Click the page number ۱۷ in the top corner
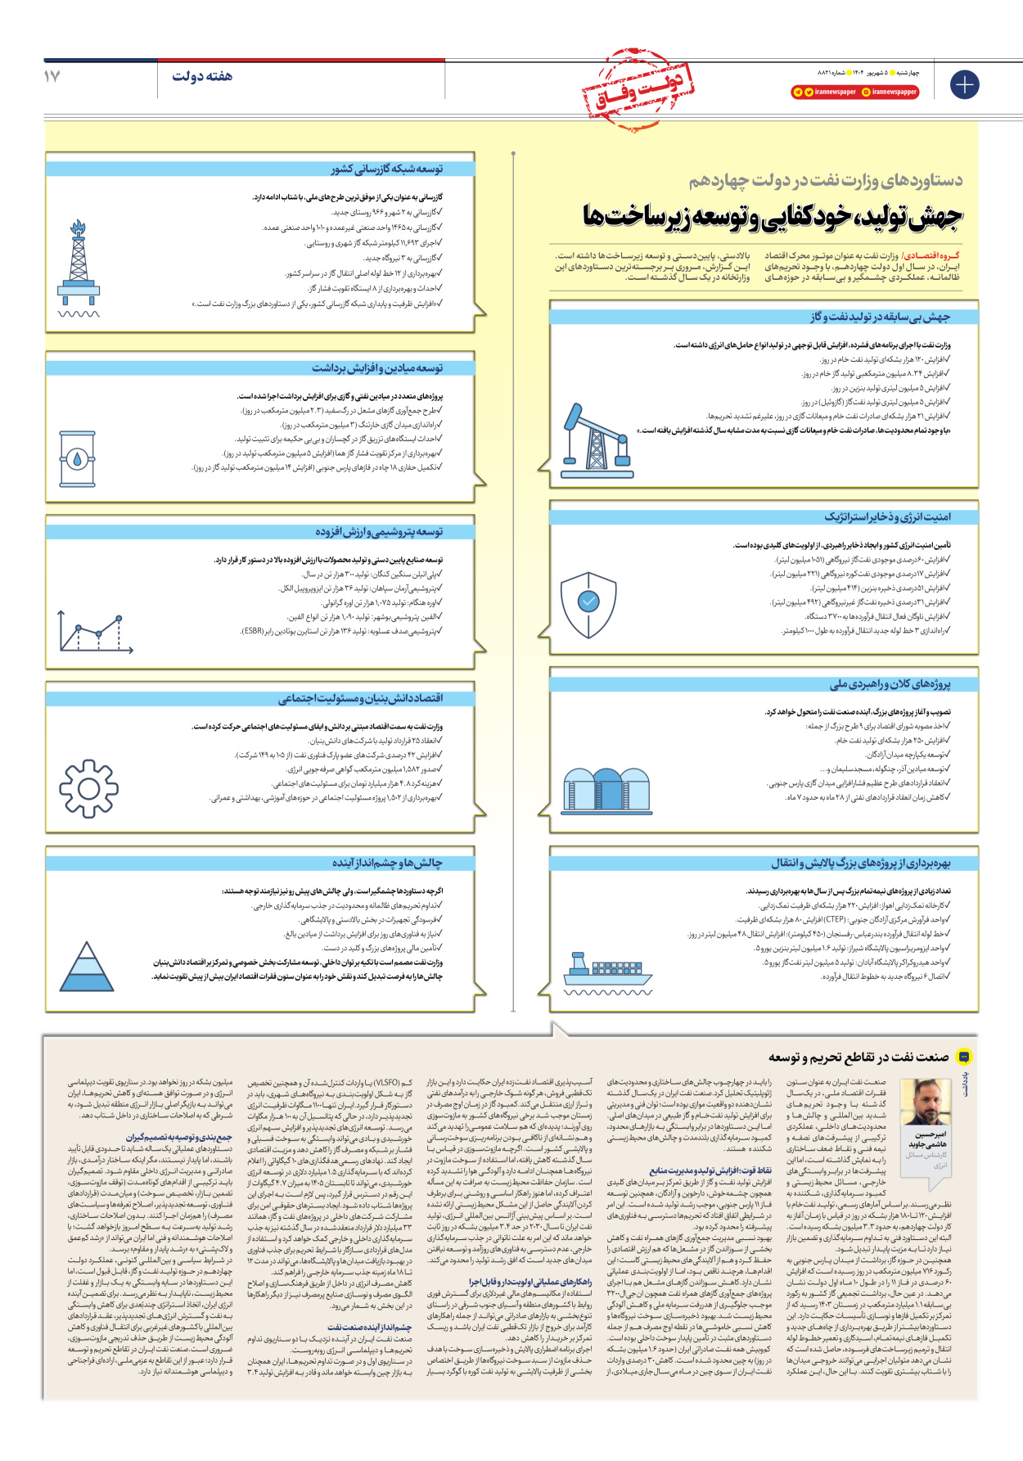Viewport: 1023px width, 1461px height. [x=52, y=76]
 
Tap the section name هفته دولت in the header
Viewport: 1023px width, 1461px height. [x=201, y=76]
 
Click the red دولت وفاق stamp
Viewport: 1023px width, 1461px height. [x=639, y=90]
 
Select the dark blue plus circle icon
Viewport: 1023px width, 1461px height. [x=964, y=84]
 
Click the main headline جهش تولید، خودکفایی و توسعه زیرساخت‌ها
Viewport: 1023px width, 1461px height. [x=773, y=216]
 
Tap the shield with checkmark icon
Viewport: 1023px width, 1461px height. [x=588, y=604]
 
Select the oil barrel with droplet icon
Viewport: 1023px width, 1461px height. [x=78, y=459]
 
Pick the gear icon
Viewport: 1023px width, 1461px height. [x=89, y=789]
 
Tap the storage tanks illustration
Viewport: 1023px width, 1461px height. [x=606, y=790]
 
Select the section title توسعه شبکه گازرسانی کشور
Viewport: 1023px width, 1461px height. [x=387, y=169]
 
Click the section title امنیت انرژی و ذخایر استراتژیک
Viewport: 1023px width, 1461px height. [x=887, y=517]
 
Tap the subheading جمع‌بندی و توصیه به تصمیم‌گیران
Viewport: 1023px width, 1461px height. [x=179, y=1137]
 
